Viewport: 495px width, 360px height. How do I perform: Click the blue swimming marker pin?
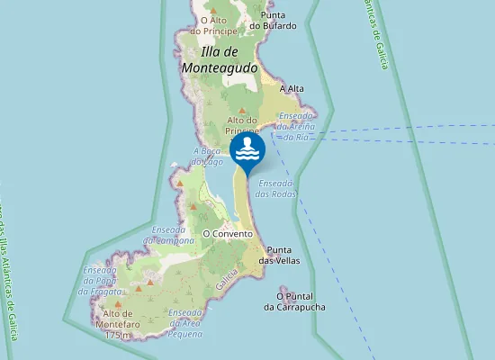(247, 151)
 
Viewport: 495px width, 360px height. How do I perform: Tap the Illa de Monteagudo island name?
(220, 58)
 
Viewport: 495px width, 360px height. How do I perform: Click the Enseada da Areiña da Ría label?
(296, 126)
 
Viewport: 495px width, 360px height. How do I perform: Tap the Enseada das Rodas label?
(276, 187)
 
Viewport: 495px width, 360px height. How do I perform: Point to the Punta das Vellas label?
(279, 255)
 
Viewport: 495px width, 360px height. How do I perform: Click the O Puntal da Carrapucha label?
(294, 301)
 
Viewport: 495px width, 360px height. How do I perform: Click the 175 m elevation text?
(118, 335)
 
